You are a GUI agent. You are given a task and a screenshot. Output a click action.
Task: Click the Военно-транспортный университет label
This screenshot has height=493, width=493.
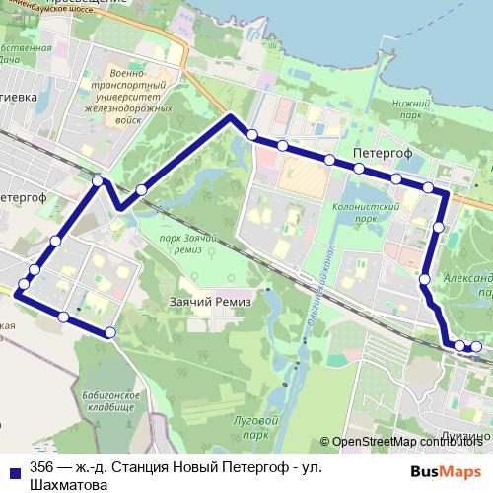(x=133, y=92)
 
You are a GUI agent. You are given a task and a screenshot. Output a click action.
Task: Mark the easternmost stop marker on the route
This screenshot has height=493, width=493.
(x=476, y=346)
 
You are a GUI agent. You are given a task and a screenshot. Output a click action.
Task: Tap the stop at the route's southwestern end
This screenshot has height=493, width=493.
(x=110, y=333)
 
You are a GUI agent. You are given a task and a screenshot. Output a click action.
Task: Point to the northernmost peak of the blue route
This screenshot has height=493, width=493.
(x=231, y=116)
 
